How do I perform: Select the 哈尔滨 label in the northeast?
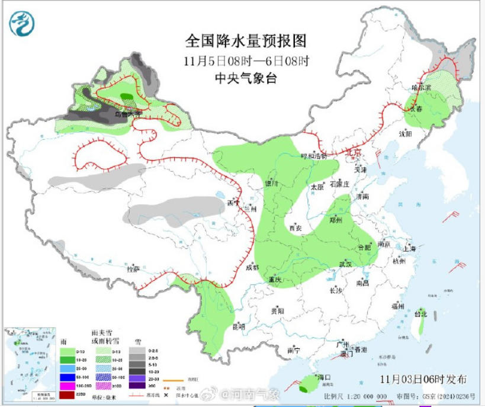(x=422, y=88)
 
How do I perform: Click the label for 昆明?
(x=239, y=326)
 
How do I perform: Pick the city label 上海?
(x=410, y=248)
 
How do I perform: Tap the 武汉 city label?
(x=345, y=264)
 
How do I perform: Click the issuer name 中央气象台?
(x=246, y=78)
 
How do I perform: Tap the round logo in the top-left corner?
(x=22, y=24)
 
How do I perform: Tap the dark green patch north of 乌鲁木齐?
(x=127, y=96)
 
